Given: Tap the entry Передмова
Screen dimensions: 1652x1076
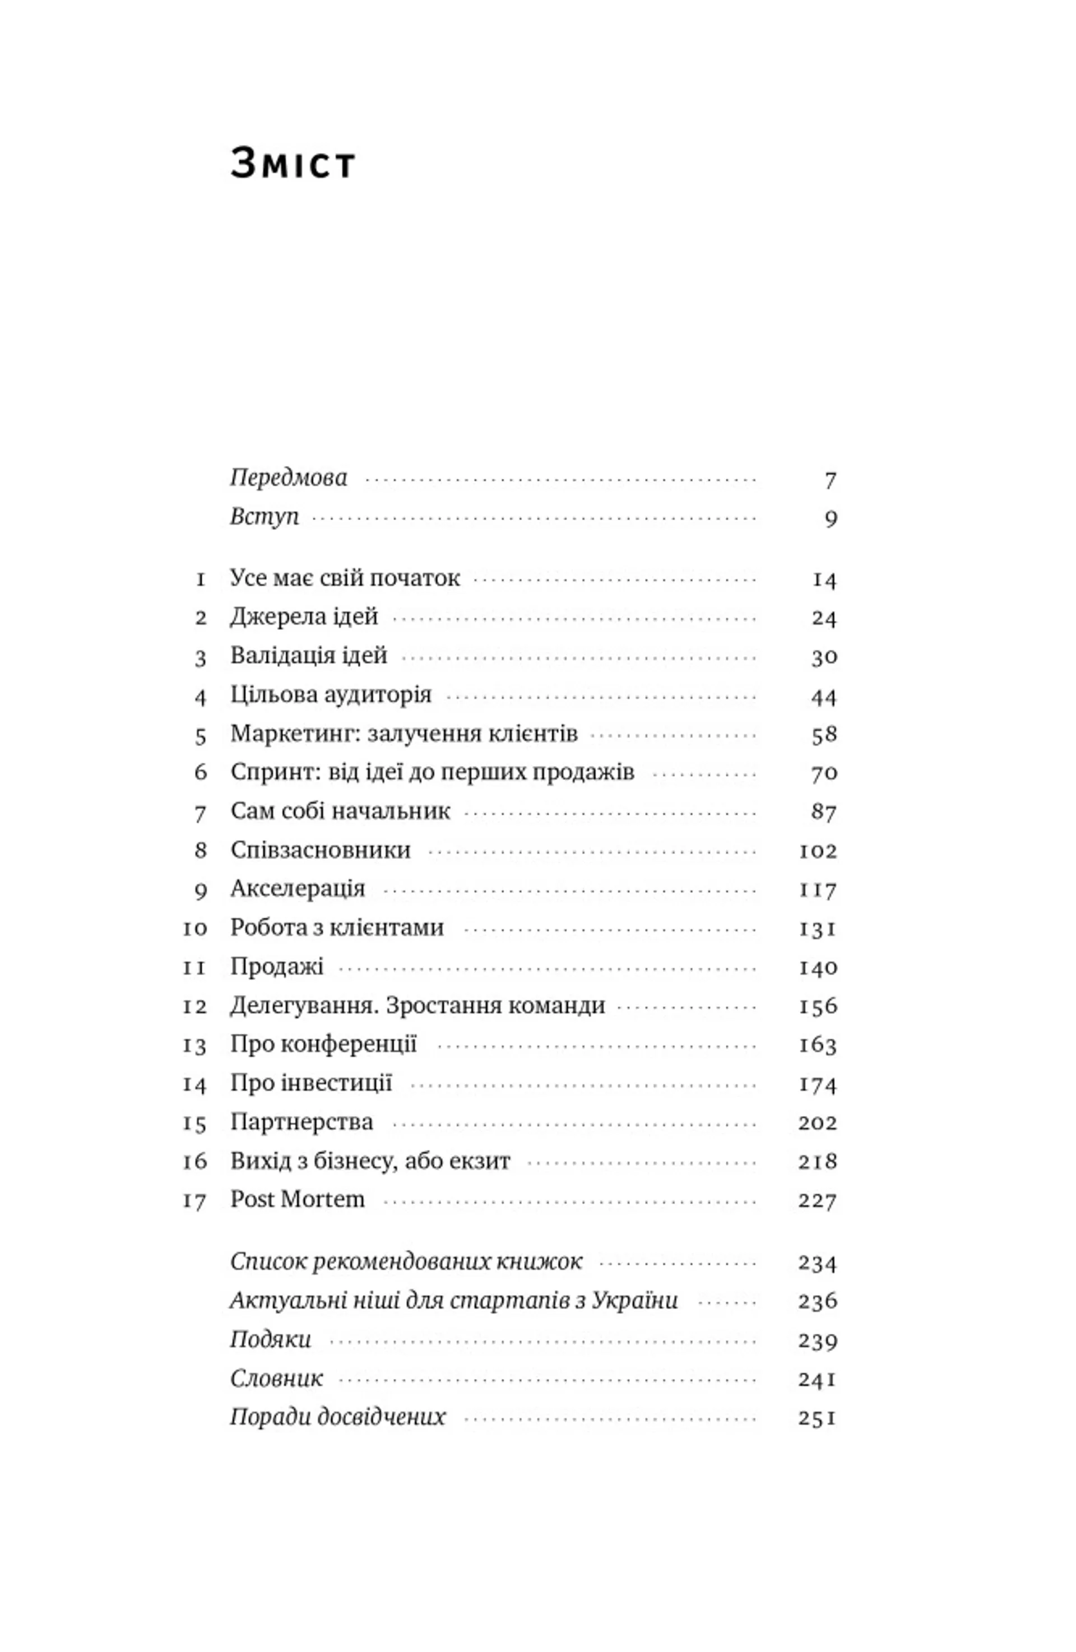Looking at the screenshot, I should (x=288, y=478).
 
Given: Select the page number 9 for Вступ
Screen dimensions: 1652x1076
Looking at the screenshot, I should (x=830, y=518).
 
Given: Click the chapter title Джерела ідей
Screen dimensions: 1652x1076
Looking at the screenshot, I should (x=304, y=617).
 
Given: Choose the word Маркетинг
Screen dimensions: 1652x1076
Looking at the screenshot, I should (x=294, y=734).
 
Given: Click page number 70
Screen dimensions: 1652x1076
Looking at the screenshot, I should (x=823, y=773).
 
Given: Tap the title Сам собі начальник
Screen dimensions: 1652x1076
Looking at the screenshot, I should (x=340, y=811).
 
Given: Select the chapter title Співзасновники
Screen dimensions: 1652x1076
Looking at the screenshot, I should (x=320, y=850).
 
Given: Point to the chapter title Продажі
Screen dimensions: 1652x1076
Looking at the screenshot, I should (x=277, y=967).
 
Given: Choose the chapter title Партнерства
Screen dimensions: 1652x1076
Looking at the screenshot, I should (x=302, y=1122).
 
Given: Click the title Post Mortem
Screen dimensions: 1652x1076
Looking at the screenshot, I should (x=297, y=1199).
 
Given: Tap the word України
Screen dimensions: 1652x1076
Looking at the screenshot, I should (x=634, y=1300).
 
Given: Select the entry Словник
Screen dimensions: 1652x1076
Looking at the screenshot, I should (x=276, y=1378).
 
